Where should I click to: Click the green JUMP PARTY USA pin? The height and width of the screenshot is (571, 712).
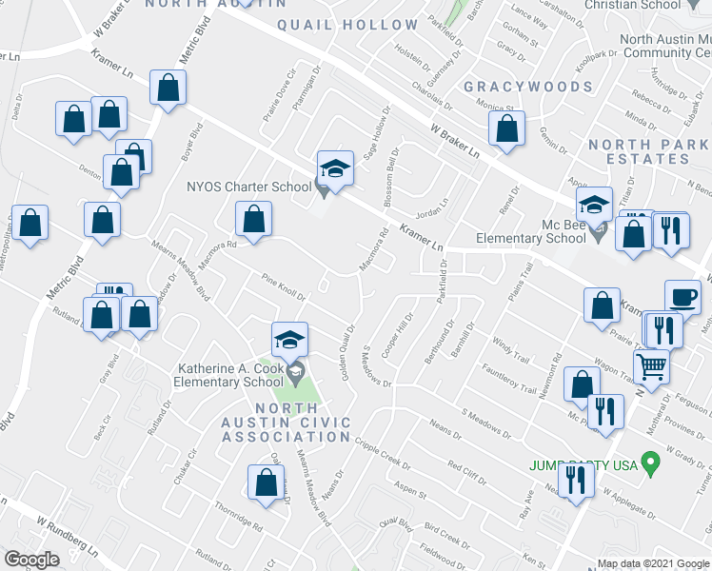[x=651, y=465]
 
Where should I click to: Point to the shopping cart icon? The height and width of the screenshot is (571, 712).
[x=652, y=365]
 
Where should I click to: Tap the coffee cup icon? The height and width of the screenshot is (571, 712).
[x=682, y=298]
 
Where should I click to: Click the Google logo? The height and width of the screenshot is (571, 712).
[x=32, y=560]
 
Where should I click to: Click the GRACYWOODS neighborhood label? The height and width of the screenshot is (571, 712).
[x=528, y=87]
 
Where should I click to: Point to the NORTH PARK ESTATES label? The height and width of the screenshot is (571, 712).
[x=649, y=151]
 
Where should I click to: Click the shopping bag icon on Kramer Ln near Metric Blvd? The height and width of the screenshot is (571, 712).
[x=168, y=89]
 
